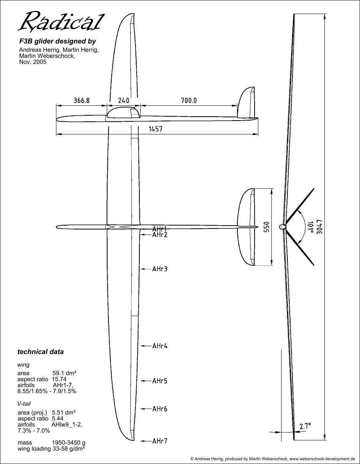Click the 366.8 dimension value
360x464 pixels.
(82, 100)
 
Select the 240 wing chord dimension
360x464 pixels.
(124, 100)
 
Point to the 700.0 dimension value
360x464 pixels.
(189, 100)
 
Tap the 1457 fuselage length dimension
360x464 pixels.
(155, 129)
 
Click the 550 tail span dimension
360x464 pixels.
(267, 227)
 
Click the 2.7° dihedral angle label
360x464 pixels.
(305, 427)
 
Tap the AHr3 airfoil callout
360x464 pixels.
(160, 269)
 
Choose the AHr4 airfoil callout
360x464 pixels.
(160, 346)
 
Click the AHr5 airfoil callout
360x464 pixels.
(160, 381)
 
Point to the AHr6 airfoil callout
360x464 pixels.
(160, 409)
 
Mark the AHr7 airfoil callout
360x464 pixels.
(160, 441)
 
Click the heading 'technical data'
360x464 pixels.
(41, 352)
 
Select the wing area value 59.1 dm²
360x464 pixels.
(64, 373)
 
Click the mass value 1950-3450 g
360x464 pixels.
(69, 443)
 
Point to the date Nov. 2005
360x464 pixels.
(33, 62)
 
